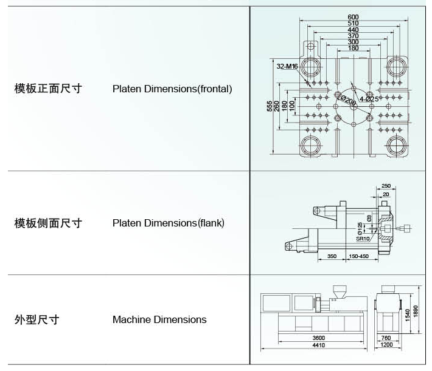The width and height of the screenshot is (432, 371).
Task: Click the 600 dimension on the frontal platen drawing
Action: [x=354, y=16]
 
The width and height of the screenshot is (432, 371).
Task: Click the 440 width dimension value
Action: [x=354, y=30]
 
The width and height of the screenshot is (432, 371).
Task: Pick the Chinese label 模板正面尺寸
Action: [x=48, y=89]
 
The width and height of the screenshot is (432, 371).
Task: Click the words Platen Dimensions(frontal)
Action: [x=172, y=89]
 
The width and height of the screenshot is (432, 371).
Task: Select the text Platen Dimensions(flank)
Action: [x=169, y=223]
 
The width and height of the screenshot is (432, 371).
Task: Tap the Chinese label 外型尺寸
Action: [x=37, y=319]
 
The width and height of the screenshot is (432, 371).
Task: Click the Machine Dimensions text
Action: [x=159, y=319]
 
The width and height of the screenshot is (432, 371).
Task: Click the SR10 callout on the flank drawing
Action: [x=363, y=239]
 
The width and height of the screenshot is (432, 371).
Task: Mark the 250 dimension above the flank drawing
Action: [x=386, y=186]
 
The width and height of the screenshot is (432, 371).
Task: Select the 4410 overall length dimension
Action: [x=318, y=345]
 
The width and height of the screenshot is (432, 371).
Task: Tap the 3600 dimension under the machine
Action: [x=318, y=338]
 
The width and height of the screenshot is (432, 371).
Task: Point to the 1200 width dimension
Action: [x=386, y=345]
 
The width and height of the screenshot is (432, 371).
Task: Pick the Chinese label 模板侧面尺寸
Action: [x=48, y=223]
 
